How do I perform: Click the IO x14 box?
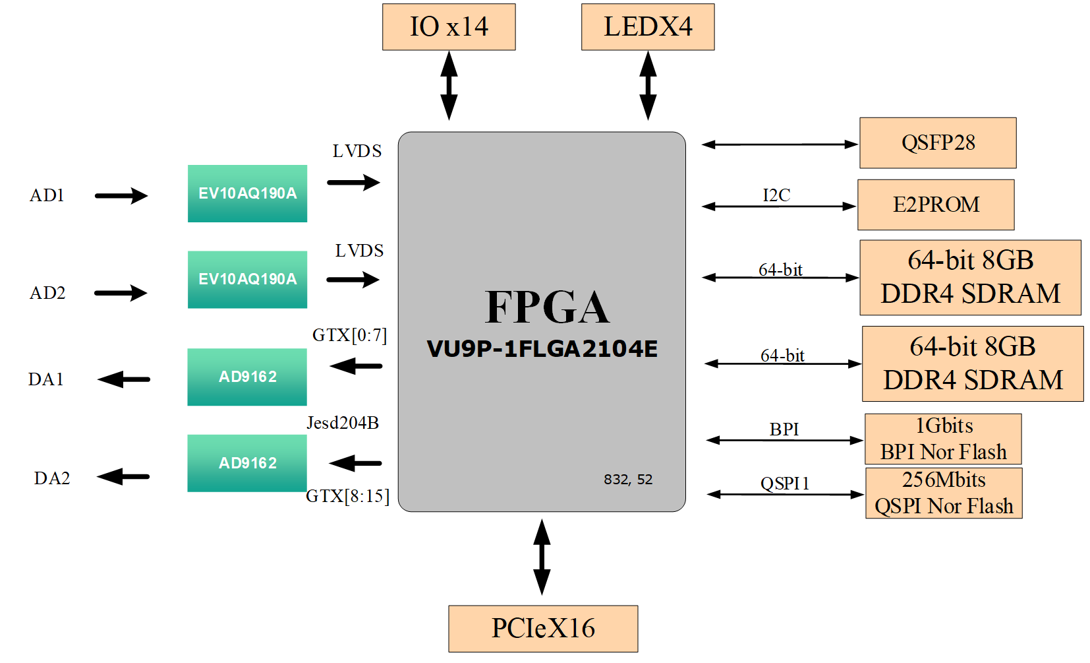449,27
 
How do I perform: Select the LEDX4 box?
648,27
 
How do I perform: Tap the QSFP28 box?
938,142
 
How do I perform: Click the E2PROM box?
936,205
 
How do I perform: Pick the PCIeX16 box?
543,629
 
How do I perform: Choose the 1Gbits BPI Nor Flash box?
943,439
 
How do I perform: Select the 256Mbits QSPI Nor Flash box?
944,493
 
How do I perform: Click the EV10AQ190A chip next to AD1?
247,193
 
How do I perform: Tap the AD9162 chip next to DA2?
247,463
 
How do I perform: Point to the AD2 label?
47,293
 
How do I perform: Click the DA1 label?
45,379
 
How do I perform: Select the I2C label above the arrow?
776,195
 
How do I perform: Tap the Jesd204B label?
343,423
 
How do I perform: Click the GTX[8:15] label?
347,496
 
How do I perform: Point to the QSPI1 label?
785,484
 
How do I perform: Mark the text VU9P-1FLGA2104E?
542,349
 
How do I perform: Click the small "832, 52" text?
628,480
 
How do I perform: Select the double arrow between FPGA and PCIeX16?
542,557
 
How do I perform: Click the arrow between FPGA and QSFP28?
780,144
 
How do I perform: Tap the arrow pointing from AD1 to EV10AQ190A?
121,195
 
